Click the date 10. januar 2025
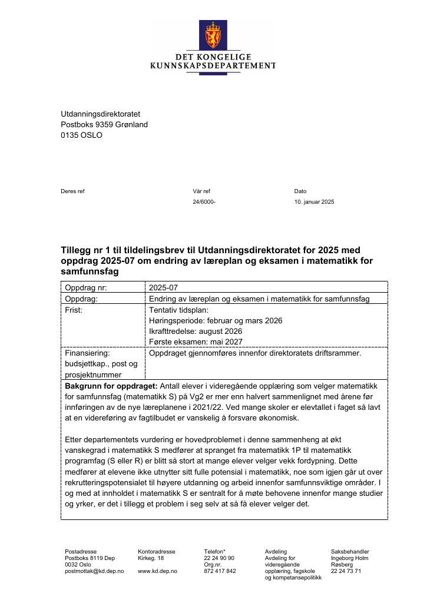coord(314,202)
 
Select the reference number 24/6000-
coord(204,202)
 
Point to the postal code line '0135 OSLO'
coord(81,135)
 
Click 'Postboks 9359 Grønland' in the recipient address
coord(104,124)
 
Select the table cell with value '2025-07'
coord(163,288)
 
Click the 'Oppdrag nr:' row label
coord(86,288)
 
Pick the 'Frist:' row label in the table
coord(74,310)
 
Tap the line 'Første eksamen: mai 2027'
coord(196,342)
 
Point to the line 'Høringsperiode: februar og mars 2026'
coord(216,320)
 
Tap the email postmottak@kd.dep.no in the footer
coord(94,571)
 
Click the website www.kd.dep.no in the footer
coord(157,571)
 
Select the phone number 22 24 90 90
coord(219,558)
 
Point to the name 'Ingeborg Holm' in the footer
coord(349,558)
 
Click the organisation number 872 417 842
coord(220,571)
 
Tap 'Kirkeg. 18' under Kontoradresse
coord(151,558)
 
